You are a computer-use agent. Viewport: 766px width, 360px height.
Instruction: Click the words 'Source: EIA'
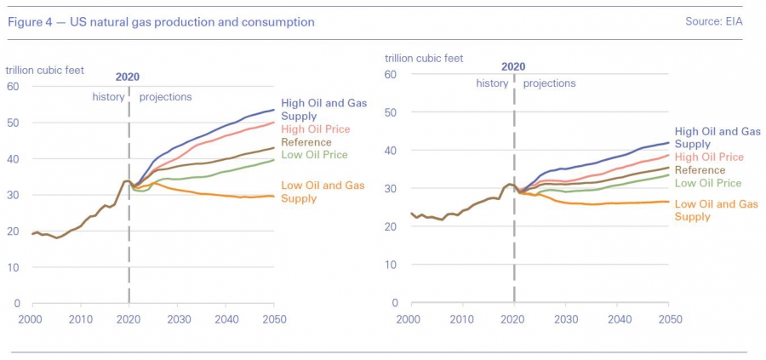click(714, 22)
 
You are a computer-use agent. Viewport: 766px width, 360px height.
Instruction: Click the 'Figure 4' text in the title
click(31, 22)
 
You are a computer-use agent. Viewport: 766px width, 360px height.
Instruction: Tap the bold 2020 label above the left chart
click(128, 77)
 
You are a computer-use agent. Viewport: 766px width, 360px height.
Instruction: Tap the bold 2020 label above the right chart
click(513, 67)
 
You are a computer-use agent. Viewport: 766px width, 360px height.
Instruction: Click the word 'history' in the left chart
click(108, 97)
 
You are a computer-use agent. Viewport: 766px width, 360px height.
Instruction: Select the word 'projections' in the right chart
click(550, 83)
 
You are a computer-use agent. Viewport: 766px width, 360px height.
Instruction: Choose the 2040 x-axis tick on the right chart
click(618, 318)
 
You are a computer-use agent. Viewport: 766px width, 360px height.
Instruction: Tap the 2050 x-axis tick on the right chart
click(669, 318)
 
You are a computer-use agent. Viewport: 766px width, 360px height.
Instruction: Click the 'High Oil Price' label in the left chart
click(316, 129)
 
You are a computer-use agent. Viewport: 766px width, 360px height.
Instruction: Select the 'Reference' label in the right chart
click(700, 170)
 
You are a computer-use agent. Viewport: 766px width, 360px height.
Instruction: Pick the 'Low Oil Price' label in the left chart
click(314, 155)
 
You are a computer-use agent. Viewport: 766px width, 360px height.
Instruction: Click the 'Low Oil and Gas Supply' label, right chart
click(716, 210)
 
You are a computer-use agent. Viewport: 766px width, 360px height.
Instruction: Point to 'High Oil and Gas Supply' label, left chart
click(324, 110)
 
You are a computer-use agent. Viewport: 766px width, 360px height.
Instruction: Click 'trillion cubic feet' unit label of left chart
click(45, 71)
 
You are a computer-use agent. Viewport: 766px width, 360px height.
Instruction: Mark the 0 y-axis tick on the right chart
click(395, 303)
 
